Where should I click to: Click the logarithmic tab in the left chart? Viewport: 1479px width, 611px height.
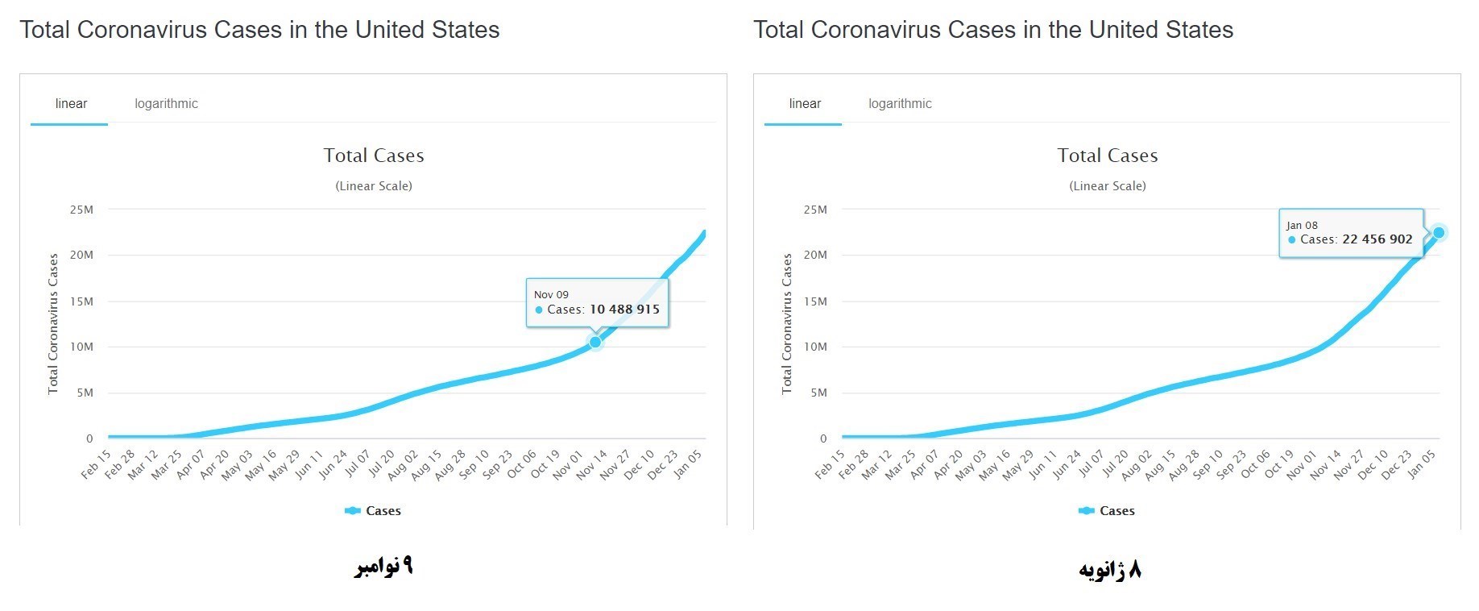click(x=166, y=104)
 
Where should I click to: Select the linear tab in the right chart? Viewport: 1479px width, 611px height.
click(x=805, y=104)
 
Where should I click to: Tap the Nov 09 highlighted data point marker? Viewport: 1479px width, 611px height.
click(x=595, y=342)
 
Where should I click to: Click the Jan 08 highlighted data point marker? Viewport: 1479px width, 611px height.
click(x=1439, y=233)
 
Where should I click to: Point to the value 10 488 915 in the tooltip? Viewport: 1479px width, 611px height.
click(x=624, y=310)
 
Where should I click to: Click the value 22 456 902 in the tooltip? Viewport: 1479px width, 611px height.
click(x=1377, y=239)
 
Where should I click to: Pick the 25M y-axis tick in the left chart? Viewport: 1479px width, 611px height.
click(x=82, y=210)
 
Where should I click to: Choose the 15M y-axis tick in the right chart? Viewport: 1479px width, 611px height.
click(x=815, y=301)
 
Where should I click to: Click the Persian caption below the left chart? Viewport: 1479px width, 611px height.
click(x=383, y=567)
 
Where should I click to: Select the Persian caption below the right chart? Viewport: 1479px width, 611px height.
click(x=1110, y=570)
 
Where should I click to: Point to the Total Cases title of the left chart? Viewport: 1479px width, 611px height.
click(x=374, y=156)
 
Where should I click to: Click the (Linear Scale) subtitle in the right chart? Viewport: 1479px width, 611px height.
click(x=1108, y=186)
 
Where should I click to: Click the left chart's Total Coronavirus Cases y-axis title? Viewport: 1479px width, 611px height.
click(x=53, y=324)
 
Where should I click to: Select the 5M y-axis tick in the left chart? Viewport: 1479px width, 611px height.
click(x=85, y=393)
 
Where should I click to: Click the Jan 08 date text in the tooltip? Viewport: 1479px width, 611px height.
click(x=1302, y=226)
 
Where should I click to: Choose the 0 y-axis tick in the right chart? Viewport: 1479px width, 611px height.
click(x=823, y=439)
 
